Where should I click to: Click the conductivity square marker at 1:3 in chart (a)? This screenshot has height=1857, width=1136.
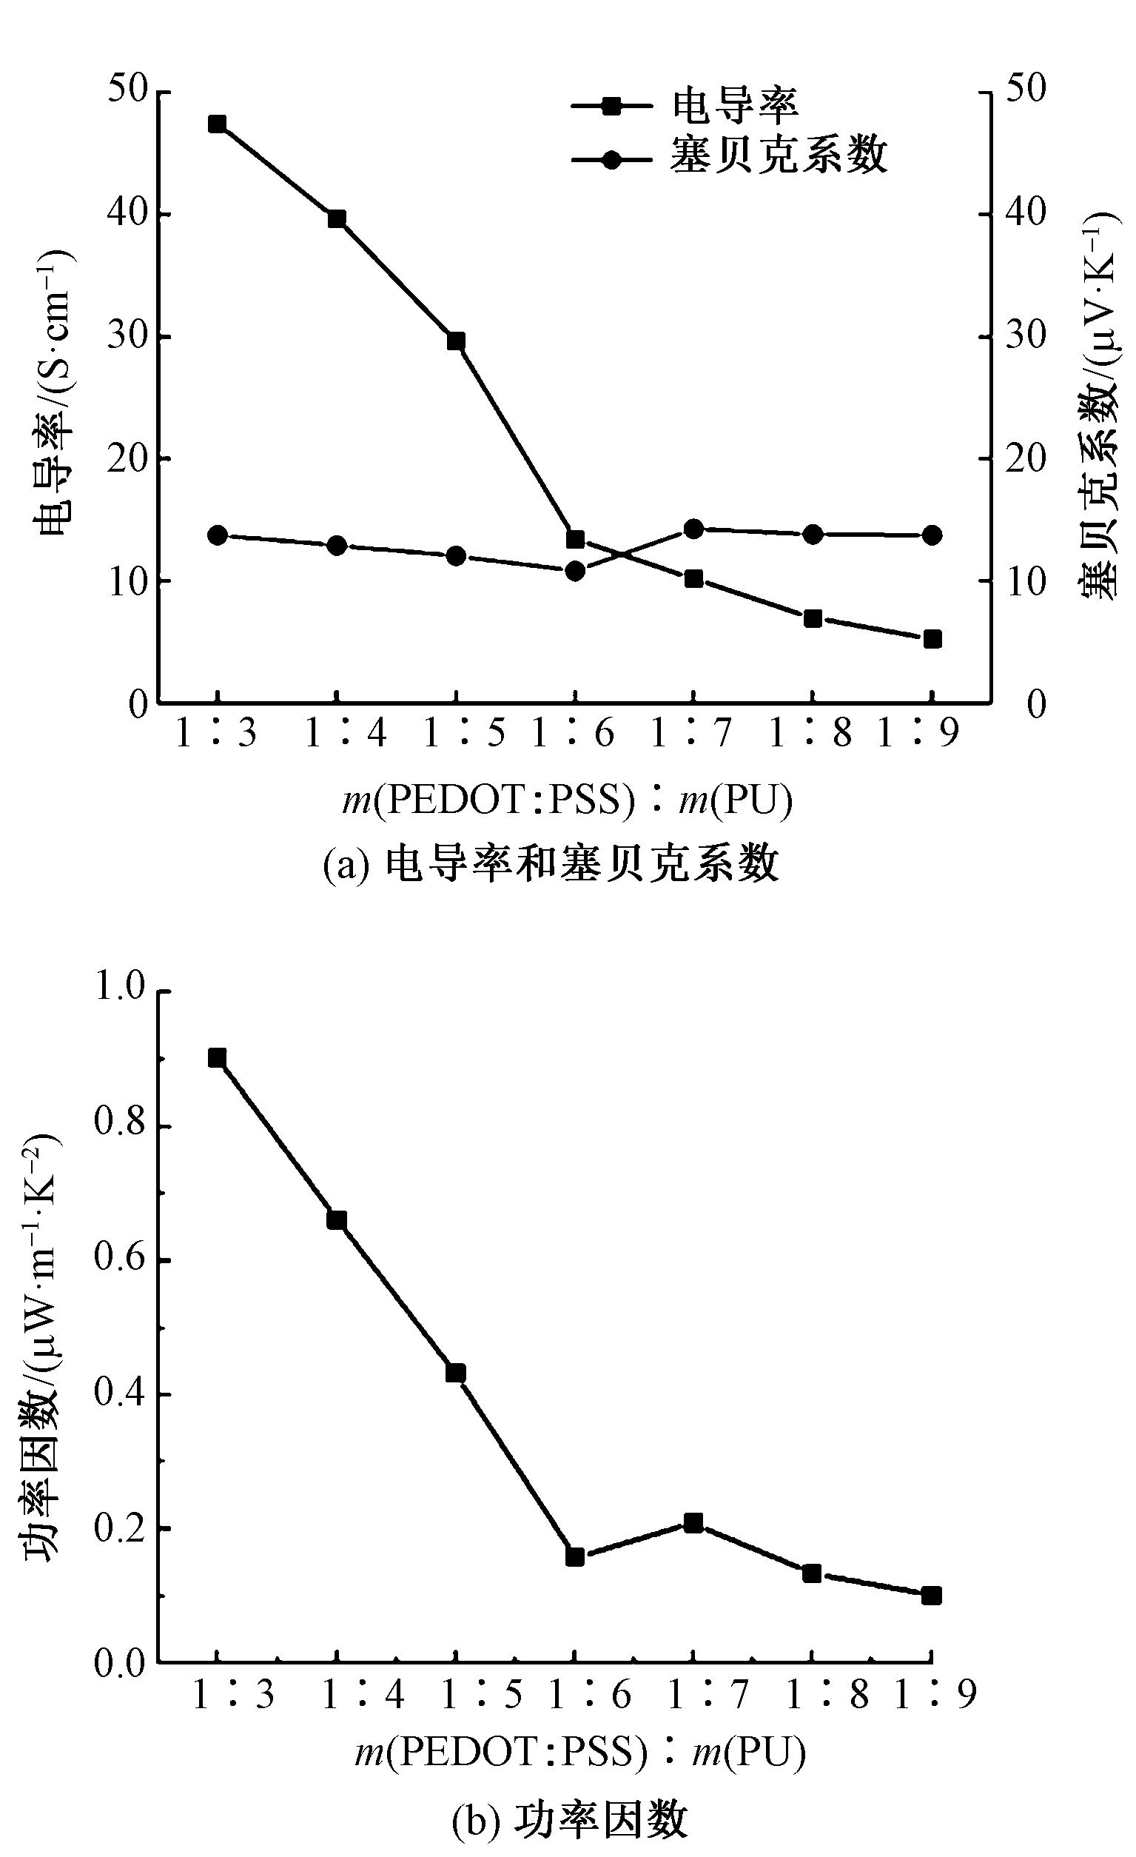pos(217,124)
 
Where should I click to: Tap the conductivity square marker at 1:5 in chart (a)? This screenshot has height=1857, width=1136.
pos(455,341)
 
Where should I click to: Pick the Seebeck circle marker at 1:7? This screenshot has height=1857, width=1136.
pos(693,529)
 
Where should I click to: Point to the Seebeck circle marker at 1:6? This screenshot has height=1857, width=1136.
pos(575,572)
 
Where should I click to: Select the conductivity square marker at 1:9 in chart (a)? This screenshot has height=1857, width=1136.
pos(932,639)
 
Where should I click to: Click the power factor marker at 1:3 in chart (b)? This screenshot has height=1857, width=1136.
pos(217,1058)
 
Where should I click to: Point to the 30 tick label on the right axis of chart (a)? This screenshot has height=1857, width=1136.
pos(1025,335)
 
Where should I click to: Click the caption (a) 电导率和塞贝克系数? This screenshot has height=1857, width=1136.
pos(551,864)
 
